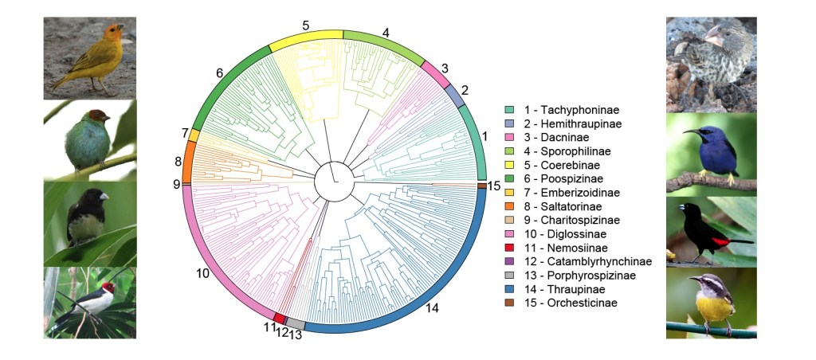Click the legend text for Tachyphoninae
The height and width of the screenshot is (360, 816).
click(567, 109)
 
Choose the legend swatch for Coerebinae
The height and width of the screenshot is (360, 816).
click(509, 165)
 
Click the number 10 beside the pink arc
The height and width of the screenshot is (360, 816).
click(202, 273)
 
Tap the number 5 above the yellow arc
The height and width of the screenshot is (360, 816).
click(305, 25)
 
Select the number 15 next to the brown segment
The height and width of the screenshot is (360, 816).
click(494, 186)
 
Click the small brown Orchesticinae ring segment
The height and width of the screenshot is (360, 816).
click(481, 186)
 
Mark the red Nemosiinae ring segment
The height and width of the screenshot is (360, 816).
click(279, 318)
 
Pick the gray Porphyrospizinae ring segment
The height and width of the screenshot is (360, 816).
click(295, 323)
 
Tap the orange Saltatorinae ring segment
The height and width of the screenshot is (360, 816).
click(189, 162)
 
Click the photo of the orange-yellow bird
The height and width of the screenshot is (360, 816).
click(89, 58)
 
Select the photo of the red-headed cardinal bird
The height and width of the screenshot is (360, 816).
click(89, 303)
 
